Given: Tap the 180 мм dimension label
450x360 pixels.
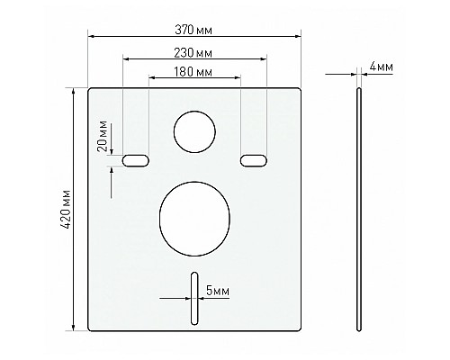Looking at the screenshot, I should point(194,70).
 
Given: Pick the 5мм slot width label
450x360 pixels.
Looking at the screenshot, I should point(217,290).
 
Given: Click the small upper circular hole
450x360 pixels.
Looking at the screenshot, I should point(194,130).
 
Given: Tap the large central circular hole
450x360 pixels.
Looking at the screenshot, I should point(194,217).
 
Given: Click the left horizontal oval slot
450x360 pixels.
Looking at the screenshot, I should point(136,160).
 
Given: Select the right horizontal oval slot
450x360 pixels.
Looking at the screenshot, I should point(253,160).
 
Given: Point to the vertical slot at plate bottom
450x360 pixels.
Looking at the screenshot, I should point(193,298).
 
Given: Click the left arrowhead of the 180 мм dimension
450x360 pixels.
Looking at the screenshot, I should point(151,78).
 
